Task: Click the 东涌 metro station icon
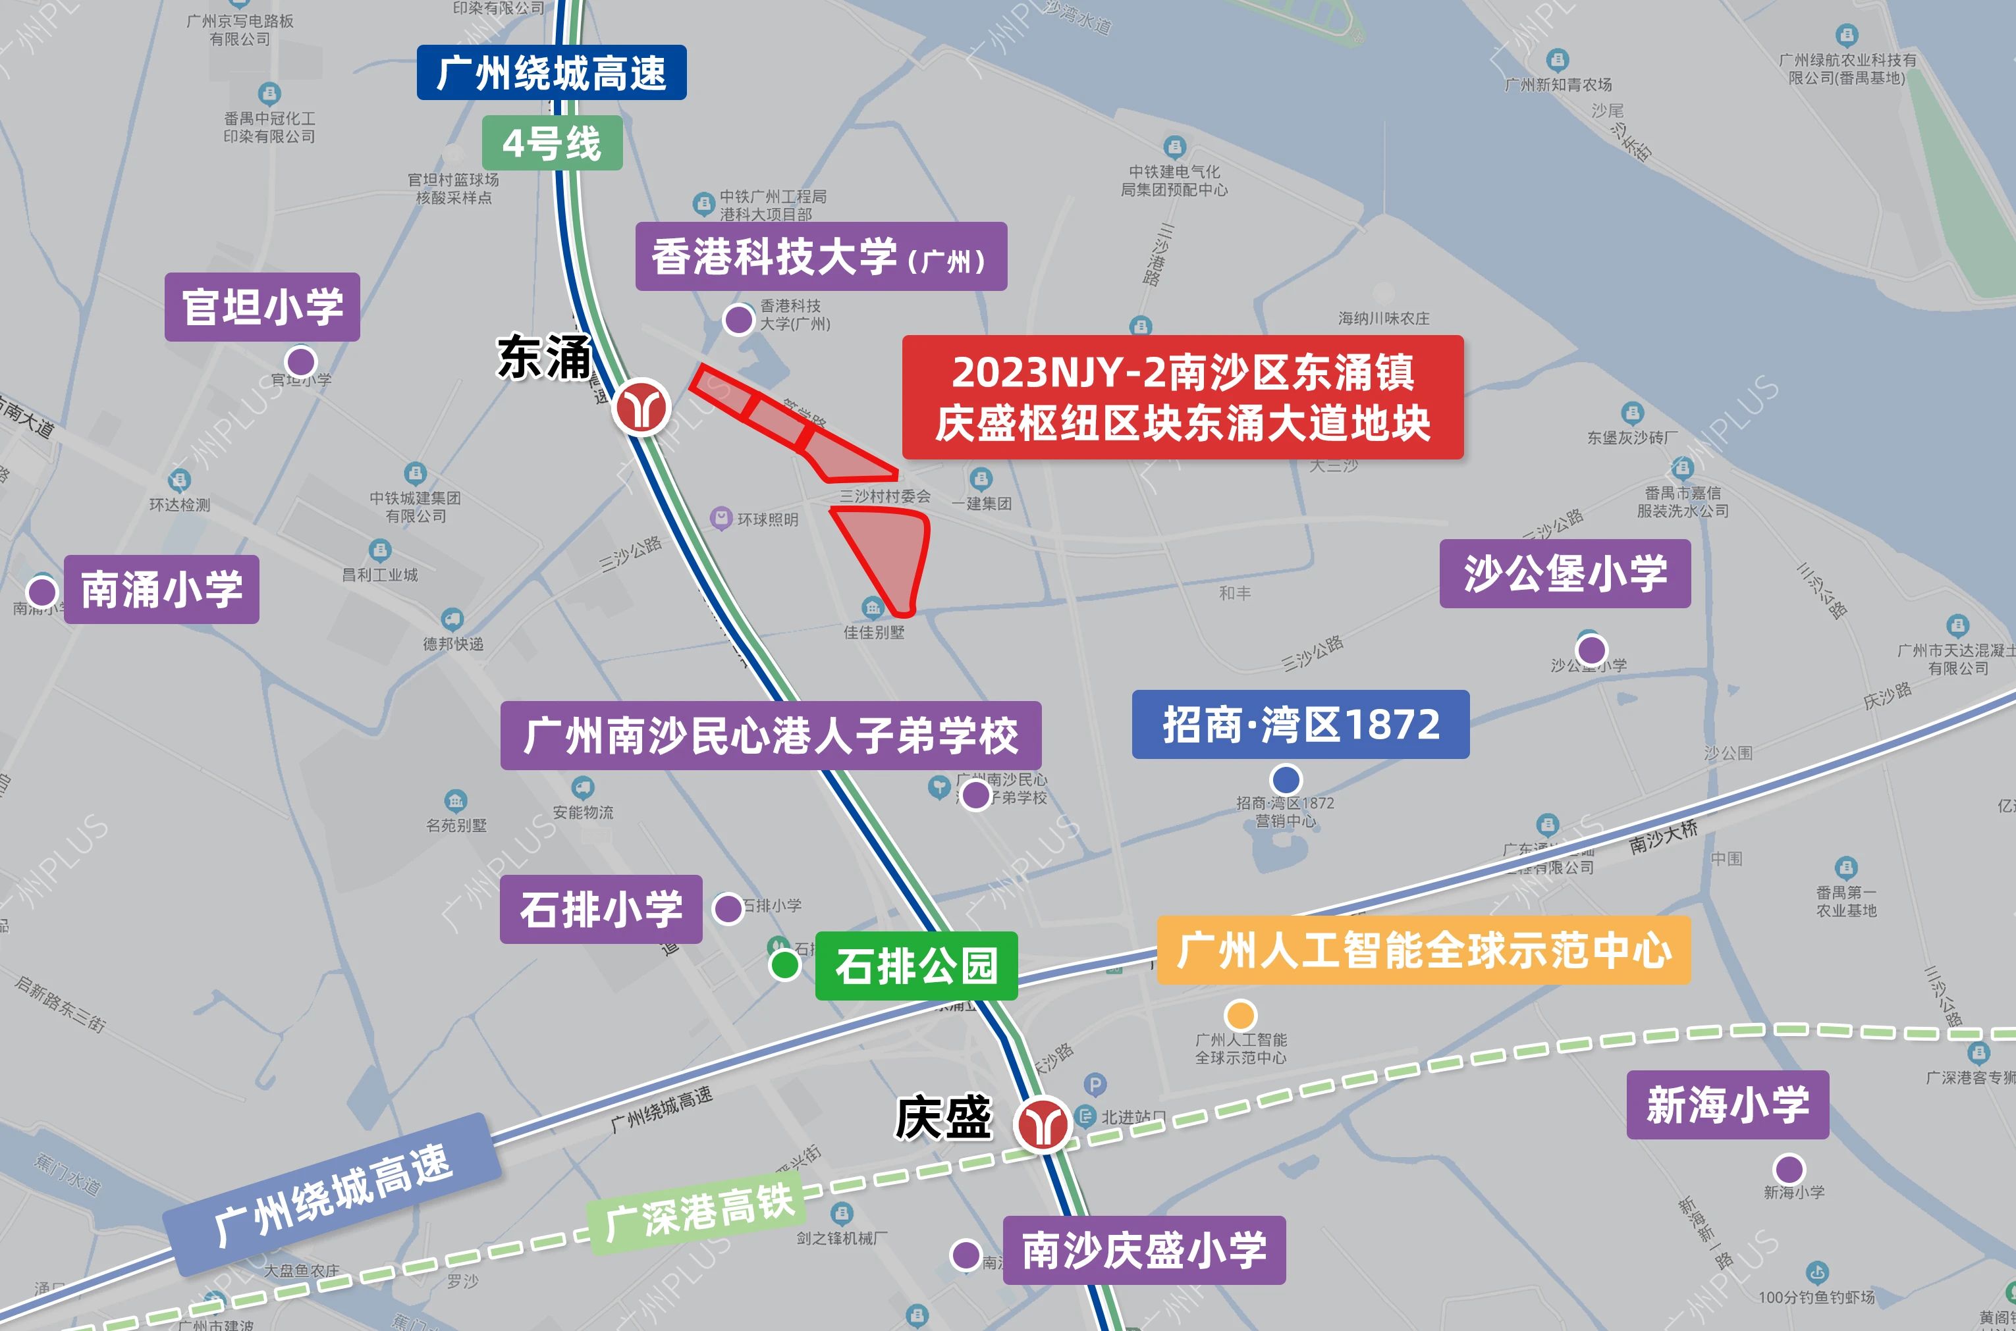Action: (x=642, y=407)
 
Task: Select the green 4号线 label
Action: (x=552, y=143)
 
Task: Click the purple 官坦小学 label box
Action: (x=261, y=307)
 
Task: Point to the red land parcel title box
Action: (x=1182, y=398)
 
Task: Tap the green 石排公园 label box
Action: (x=915, y=965)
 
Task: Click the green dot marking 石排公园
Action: (x=784, y=964)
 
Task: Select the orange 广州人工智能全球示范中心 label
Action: (x=1423, y=950)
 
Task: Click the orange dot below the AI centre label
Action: (x=1241, y=1014)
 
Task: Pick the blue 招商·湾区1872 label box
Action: (x=1300, y=724)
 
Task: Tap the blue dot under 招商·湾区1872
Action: (x=1286, y=779)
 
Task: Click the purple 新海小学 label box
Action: (x=1728, y=1105)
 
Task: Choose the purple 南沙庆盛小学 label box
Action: (x=1144, y=1249)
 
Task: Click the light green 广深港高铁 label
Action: (x=699, y=1212)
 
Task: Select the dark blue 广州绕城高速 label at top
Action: (x=551, y=72)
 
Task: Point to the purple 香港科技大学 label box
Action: (x=821, y=256)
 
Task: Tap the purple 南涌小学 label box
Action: (x=161, y=589)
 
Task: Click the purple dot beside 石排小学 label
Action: (x=728, y=908)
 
